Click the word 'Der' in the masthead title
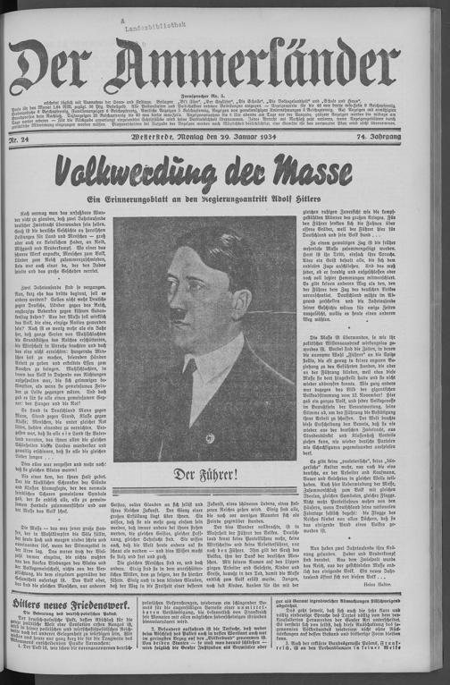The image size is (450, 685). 58,63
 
